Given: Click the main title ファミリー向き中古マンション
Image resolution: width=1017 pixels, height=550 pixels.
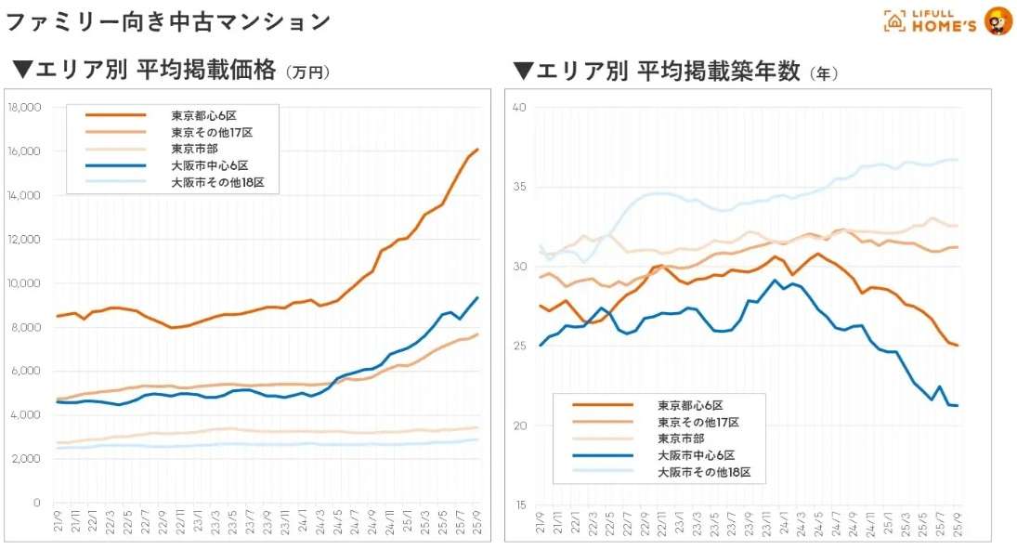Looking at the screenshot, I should [x=168, y=21].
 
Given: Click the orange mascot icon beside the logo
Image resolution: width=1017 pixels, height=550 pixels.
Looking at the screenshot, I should [x=998, y=20].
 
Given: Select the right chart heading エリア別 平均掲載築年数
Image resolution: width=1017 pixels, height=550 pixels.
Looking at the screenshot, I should [x=656, y=72].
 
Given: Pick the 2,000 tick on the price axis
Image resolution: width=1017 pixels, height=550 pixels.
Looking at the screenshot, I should [x=26, y=459].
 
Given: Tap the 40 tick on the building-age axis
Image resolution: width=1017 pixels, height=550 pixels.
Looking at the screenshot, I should [x=519, y=108].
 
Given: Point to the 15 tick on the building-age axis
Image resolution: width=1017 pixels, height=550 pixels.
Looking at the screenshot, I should [x=519, y=505].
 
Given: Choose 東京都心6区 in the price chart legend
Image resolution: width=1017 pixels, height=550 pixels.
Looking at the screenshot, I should [x=203, y=115].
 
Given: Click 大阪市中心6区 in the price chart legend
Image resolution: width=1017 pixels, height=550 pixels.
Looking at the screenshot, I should [x=209, y=165].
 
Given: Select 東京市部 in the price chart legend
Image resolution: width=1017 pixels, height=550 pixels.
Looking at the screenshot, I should [x=196, y=149].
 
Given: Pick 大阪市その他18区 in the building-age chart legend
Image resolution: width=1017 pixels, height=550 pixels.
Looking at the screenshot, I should [x=710, y=472].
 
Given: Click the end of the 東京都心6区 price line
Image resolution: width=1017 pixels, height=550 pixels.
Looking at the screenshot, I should [x=477, y=150].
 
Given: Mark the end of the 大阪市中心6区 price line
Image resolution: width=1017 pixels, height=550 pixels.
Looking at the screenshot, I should [x=477, y=297].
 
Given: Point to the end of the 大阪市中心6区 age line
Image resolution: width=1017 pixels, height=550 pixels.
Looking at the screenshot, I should [x=958, y=405].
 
